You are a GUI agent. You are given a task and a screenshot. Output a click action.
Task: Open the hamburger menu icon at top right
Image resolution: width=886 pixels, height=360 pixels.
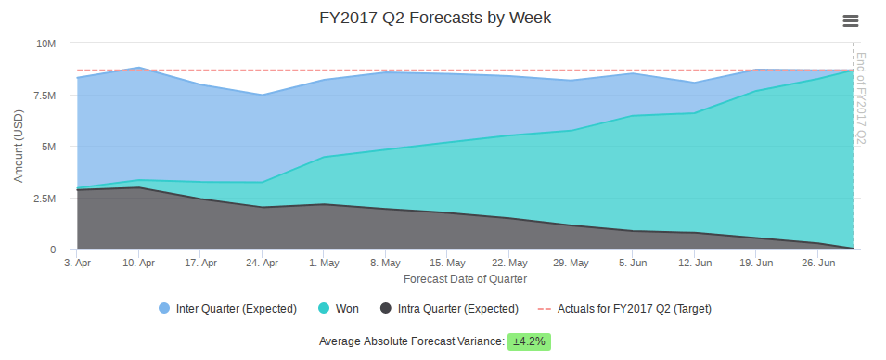pyautogui.click(x=850, y=21)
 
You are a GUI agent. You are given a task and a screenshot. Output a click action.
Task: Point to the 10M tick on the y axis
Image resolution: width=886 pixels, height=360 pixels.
pyautogui.click(x=45, y=44)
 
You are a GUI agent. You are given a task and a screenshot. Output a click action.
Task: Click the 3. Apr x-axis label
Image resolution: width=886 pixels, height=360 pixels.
pyautogui.click(x=77, y=264)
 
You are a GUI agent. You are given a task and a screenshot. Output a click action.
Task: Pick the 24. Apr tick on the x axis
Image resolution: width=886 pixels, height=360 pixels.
pyautogui.click(x=263, y=264)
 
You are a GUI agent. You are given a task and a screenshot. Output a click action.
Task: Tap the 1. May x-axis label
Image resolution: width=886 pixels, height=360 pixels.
pyautogui.click(x=324, y=264)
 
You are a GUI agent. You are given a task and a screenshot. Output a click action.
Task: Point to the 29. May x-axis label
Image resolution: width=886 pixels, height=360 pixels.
pyautogui.click(x=571, y=264)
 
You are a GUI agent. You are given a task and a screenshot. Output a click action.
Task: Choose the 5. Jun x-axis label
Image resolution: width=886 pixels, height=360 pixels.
pyautogui.click(x=633, y=264)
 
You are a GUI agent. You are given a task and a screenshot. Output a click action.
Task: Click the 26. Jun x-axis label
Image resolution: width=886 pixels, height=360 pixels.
pyautogui.click(x=818, y=264)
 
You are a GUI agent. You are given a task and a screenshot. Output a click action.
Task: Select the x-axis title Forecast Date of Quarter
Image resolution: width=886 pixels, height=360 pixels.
pyautogui.click(x=465, y=278)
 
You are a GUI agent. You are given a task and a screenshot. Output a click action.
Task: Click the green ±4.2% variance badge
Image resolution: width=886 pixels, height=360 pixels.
pyautogui.click(x=529, y=341)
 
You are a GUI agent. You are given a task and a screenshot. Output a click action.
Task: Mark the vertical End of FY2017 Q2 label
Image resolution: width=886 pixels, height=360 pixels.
pyautogui.click(x=860, y=97)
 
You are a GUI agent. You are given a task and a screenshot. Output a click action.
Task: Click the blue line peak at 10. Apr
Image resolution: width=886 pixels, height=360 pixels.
pyautogui.click(x=138, y=68)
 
